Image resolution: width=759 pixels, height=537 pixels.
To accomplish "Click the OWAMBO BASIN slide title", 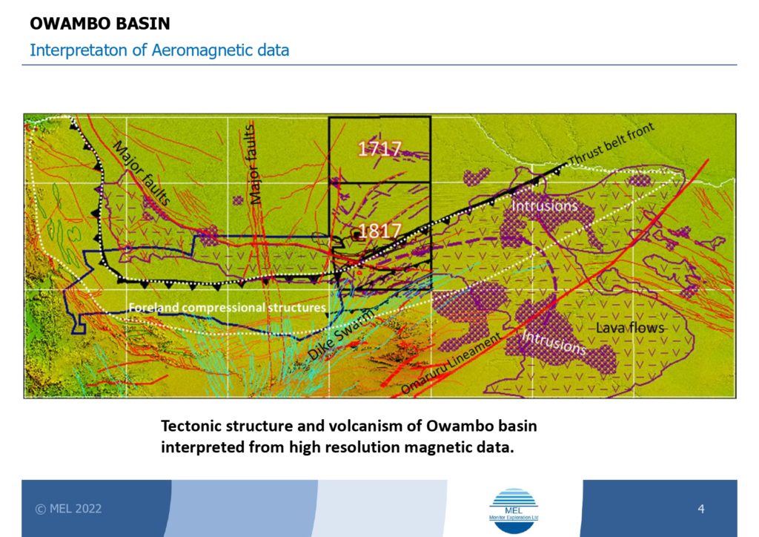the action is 100,23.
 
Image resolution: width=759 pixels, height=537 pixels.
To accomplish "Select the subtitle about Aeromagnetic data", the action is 159,50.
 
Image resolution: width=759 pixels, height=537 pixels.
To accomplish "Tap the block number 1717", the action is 379,148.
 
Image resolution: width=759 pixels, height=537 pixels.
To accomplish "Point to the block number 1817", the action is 379,231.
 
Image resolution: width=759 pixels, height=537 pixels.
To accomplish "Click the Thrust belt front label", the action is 611,143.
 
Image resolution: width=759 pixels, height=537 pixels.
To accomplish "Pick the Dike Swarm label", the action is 341,335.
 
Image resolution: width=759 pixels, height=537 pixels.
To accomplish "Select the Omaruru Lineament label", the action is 451,363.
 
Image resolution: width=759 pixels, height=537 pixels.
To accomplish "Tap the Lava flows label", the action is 630,328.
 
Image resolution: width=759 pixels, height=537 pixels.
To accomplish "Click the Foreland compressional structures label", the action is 227,308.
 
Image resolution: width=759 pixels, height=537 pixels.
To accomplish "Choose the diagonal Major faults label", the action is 142,173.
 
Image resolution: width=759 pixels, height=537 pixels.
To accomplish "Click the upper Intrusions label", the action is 545,205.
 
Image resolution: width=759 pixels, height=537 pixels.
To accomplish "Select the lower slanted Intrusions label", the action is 554,342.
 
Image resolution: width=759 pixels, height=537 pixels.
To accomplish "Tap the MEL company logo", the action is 514,511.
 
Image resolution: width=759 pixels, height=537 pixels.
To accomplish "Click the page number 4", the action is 701,508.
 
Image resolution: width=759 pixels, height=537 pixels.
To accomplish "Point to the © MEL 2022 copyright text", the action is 68,508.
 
